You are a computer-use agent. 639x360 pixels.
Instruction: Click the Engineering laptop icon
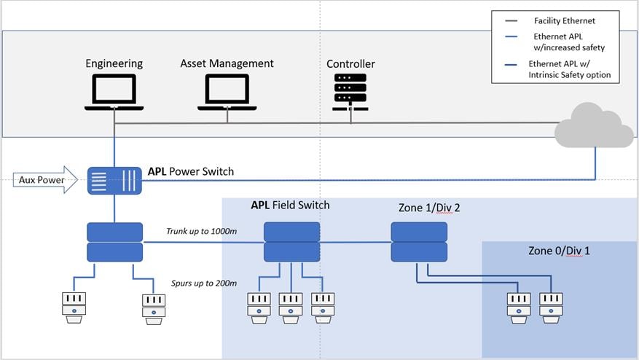coord(114,92)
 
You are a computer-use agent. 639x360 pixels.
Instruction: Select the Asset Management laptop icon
coord(227,92)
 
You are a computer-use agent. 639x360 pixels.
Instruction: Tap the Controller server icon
coord(350,91)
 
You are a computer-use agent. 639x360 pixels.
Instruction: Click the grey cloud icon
coord(594,128)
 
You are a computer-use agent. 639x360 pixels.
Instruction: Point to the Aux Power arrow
coord(44,180)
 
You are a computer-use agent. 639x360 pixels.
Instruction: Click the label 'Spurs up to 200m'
coord(203,283)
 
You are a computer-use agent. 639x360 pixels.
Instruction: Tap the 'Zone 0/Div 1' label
coord(559,251)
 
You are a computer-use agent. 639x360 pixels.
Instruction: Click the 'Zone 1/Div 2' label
coord(429,208)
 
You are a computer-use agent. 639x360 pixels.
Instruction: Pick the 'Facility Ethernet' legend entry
coord(564,21)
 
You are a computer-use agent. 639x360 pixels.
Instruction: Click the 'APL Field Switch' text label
coord(290,205)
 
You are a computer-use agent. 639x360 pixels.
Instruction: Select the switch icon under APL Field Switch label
coord(291,242)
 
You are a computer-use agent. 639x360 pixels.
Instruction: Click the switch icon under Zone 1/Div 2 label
coord(419,242)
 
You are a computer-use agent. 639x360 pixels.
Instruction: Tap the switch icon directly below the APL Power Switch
coord(114,242)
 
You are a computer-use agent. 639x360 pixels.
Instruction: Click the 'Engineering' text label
coord(114,64)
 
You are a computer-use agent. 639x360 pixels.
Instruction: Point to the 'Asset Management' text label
coord(227,63)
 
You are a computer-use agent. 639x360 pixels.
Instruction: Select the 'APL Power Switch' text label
coord(191,171)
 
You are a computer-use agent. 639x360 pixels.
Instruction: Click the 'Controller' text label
coord(350,64)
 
